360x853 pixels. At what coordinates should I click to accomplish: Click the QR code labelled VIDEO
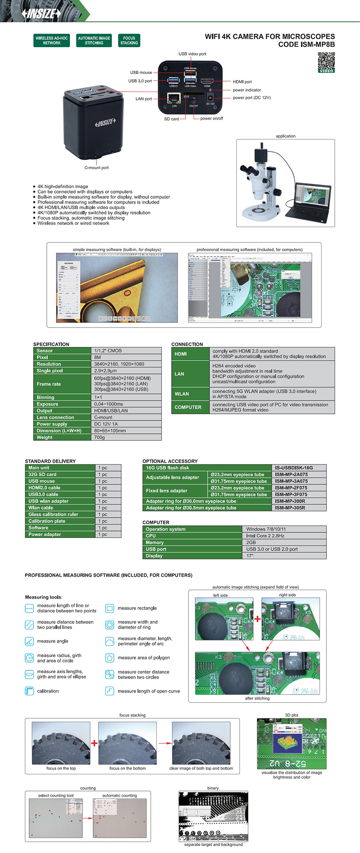pyautogui.click(x=326, y=62)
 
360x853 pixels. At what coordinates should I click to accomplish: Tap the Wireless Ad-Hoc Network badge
pyautogui.click(x=52, y=40)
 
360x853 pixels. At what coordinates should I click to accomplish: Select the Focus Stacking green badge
pyautogui.click(x=129, y=40)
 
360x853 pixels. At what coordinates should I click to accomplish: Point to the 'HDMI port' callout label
pyautogui.click(x=242, y=82)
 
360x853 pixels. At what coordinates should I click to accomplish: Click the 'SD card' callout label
pyautogui.click(x=172, y=119)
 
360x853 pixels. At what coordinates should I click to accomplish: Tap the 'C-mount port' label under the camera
pyautogui.click(x=96, y=168)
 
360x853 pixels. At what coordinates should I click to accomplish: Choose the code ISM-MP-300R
pyautogui.click(x=290, y=501)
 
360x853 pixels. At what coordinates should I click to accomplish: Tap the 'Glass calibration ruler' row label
pyautogui.click(x=53, y=514)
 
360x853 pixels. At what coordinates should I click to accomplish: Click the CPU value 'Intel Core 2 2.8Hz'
pyautogui.click(x=265, y=536)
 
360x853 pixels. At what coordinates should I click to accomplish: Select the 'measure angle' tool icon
pyautogui.click(x=29, y=641)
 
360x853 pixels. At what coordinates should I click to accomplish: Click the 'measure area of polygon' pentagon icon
pyautogui.click(x=110, y=657)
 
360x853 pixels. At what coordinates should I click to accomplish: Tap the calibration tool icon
pyautogui.click(x=29, y=691)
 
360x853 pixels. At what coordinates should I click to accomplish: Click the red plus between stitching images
pyautogui.click(x=257, y=619)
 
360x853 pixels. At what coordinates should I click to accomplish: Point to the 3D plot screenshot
pyautogui.click(x=292, y=743)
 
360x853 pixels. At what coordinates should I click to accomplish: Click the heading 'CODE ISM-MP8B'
pyautogui.click(x=306, y=44)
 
